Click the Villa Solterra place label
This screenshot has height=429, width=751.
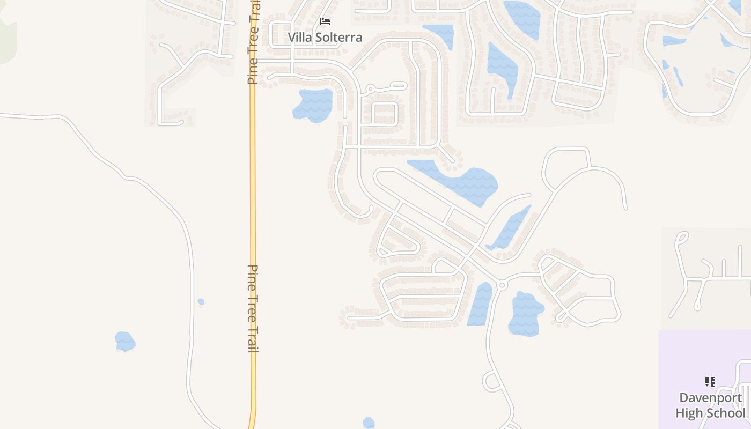pos(325,37)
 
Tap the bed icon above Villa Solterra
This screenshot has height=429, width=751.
pos(325,21)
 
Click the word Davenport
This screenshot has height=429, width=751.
pos(710,398)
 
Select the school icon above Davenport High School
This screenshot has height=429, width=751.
pos(710,382)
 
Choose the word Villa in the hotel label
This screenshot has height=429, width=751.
pos(300,37)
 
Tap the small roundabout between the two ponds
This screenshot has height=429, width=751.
pos(502,285)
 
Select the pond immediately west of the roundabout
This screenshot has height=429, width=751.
pos(480,305)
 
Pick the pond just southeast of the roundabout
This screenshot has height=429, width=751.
pos(525,314)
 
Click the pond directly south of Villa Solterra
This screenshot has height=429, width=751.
pos(314,105)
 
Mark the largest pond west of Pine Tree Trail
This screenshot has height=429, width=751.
pos(124,341)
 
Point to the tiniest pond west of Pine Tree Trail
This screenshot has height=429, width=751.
pos(201,302)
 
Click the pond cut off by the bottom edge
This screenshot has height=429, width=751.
pos(369,423)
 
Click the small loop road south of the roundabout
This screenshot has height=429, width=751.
pos(492,381)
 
